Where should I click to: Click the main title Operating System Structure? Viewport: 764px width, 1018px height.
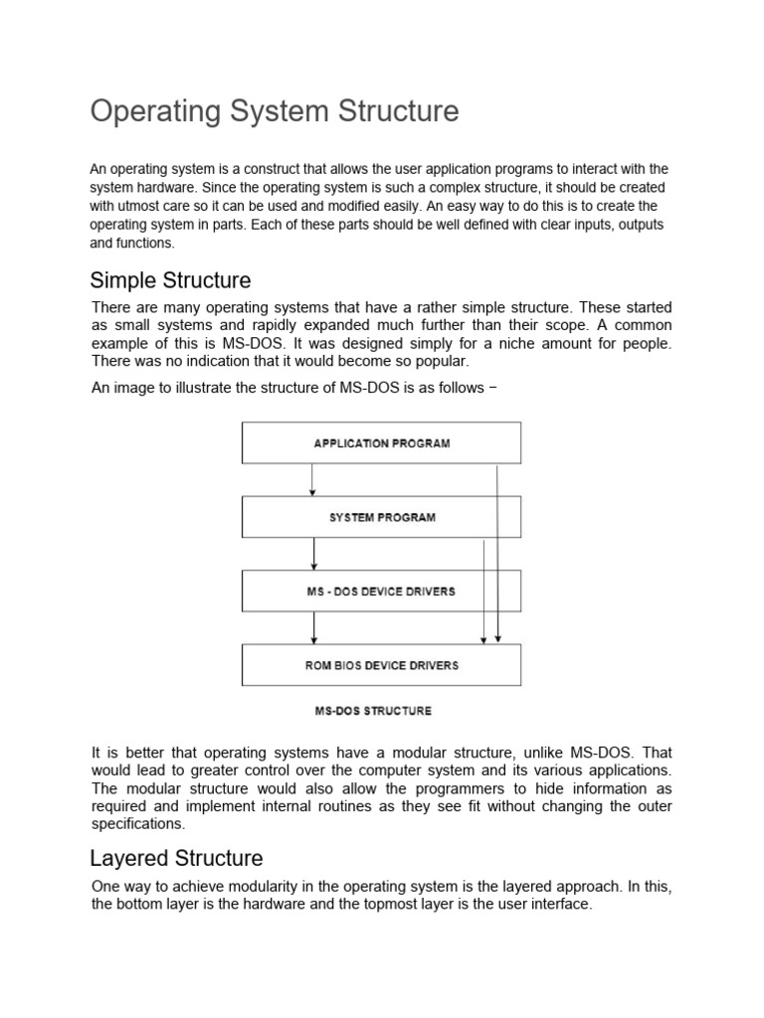coord(275,111)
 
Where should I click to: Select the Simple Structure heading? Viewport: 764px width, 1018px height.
coord(170,280)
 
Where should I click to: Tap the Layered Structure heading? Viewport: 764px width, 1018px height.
coord(176,858)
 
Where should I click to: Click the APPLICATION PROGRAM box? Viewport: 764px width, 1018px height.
coord(382,443)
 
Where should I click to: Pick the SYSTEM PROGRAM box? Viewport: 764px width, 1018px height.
coord(382,518)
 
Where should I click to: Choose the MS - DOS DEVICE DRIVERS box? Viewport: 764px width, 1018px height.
coord(382,592)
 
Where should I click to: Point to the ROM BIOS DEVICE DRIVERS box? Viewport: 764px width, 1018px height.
coord(382,665)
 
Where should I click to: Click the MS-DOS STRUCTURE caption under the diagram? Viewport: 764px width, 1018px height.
coord(373,711)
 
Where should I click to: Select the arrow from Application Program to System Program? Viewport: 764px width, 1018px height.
coord(312,479)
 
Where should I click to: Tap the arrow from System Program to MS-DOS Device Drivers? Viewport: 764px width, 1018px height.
coord(314,554)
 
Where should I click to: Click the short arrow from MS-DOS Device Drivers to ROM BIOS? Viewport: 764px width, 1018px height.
coord(314,627)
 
